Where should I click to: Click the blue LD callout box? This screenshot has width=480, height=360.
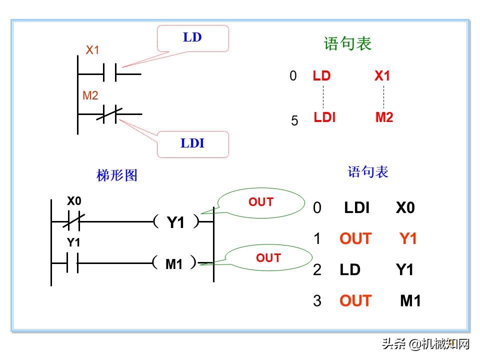tap(193, 38)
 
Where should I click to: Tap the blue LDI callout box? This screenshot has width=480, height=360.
tap(193, 144)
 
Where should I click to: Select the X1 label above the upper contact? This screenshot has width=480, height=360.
tap(93, 50)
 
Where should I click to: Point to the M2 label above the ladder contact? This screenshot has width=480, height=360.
tap(90, 95)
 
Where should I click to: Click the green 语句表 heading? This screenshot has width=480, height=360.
tap(348, 44)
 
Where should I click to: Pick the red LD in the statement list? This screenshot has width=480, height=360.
tap(321, 76)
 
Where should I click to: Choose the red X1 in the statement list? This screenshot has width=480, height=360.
tap(382, 76)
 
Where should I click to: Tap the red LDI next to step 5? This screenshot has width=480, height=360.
tap(324, 117)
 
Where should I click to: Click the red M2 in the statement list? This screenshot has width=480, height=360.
tap(384, 118)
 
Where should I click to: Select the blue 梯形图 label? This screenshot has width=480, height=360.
tap(117, 175)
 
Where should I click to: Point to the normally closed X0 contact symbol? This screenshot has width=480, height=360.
tap(73, 220)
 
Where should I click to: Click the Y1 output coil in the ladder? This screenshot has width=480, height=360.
tap(175, 222)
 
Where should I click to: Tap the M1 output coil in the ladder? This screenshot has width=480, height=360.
tap(174, 263)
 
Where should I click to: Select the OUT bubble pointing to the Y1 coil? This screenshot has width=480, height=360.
tap(261, 202)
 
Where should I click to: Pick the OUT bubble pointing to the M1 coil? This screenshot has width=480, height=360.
tap(268, 258)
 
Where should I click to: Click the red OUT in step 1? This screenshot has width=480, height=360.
tap(355, 239)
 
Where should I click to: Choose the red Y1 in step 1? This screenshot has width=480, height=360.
tap(408, 239)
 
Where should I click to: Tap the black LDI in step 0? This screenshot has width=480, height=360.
tap(356, 208)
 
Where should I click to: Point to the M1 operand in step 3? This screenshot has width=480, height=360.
tap(410, 301)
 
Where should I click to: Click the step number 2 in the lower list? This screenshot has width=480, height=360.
tap(317, 270)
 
